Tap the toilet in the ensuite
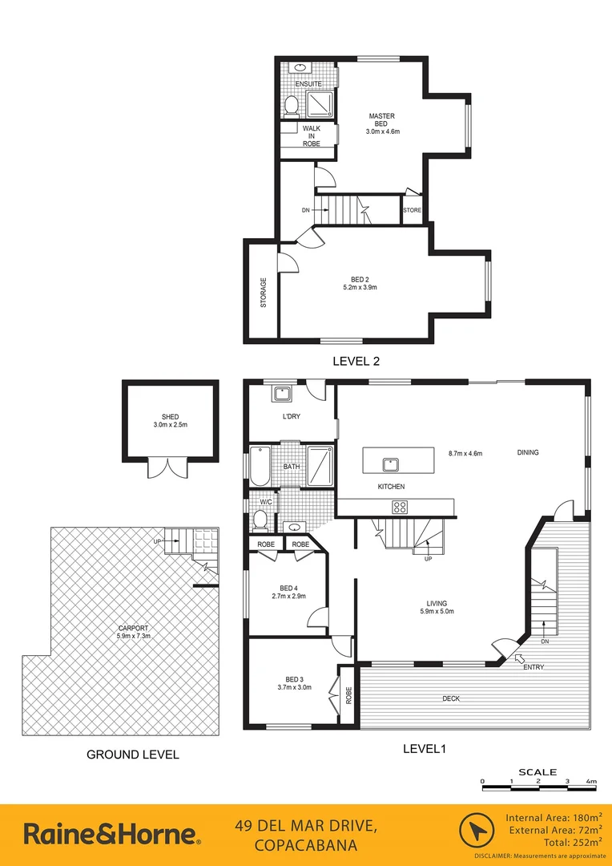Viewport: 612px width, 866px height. (x=292, y=104)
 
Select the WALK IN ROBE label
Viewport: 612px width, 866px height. (x=311, y=135)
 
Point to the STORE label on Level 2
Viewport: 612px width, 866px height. (x=412, y=210)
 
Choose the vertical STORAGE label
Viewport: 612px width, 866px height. (x=263, y=293)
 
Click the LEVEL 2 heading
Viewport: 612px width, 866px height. (x=356, y=361)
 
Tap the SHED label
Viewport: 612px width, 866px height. (x=170, y=416)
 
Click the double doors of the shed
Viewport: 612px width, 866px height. (x=164, y=467)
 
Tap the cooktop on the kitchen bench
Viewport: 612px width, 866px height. (x=400, y=506)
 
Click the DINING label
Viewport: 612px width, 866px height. (x=527, y=452)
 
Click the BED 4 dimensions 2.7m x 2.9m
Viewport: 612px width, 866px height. (x=288, y=597)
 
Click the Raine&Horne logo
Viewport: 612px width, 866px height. (x=112, y=834)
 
